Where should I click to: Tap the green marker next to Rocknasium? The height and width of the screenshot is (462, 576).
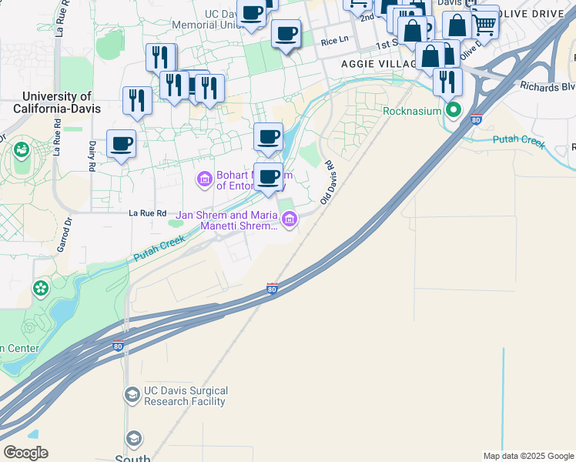tap(454, 111)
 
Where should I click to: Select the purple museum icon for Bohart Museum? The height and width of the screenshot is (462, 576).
tap(204, 179)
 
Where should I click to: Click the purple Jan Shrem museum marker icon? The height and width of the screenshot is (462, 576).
tap(290, 220)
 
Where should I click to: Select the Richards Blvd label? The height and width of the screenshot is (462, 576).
tap(547, 86)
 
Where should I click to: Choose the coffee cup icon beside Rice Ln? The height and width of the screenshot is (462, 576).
tap(286, 34)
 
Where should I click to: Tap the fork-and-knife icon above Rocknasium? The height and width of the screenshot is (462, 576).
tap(447, 81)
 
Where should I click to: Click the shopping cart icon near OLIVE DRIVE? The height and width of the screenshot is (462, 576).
tap(484, 25)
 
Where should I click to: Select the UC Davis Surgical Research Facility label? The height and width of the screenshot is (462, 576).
tap(177, 396)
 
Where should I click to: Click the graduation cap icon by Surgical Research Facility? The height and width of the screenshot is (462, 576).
tap(132, 395)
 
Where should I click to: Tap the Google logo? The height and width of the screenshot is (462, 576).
tap(25, 453)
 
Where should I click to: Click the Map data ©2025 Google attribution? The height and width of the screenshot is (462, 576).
tap(527, 456)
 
